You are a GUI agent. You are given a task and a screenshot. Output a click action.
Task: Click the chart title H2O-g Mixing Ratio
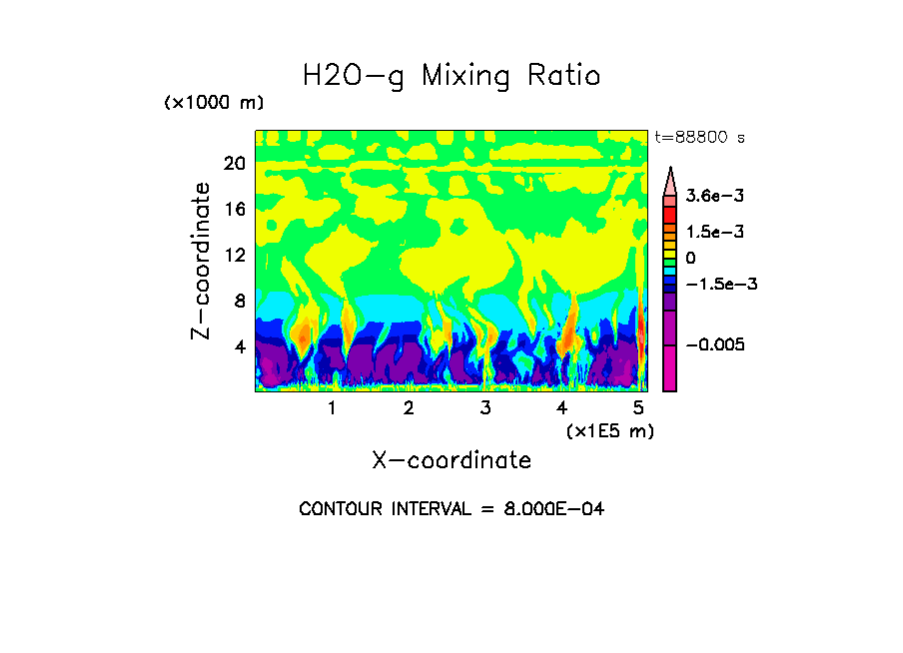pyautogui.click(x=451, y=76)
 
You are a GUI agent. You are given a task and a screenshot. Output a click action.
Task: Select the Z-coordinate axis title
pyautogui.click(x=201, y=261)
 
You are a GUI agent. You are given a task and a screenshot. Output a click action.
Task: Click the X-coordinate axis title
pyautogui.click(x=451, y=460)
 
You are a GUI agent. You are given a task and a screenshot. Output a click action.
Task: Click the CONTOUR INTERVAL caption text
pyautogui.click(x=451, y=509)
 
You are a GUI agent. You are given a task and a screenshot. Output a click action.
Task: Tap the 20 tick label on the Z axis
pyautogui.click(x=234, y=164)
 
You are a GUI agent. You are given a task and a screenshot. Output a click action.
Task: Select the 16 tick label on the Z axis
pyautogui.click(x=234, y=210)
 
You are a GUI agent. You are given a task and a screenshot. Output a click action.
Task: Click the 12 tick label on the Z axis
pyautogui.click(x=234, y=255)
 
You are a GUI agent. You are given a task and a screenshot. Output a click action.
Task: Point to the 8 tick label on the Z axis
pyautogui.click(x=239, y=301)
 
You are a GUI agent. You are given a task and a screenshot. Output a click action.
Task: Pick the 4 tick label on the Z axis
pyautogui.click(x=239, y=346)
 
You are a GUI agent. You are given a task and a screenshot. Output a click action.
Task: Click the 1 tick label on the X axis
pyautogui.click(x=332, y=407)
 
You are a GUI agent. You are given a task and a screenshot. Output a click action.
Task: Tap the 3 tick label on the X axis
pyautogui.click(x=485, y=407)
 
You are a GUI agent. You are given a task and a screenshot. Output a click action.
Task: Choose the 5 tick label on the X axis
pyautogui.click(x=638, y=407)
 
